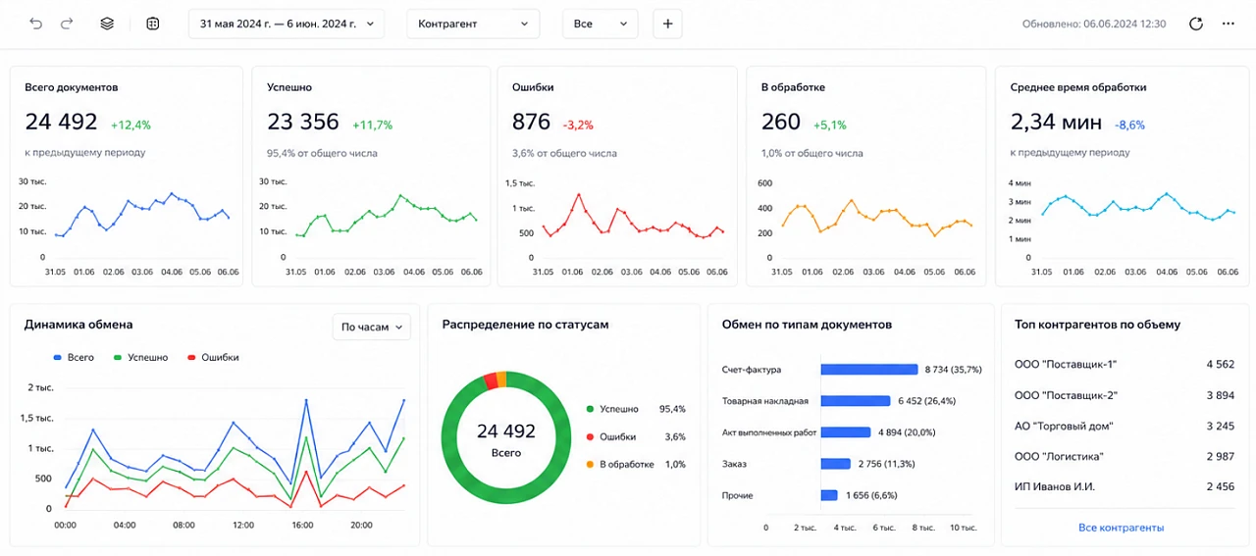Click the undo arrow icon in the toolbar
(x=36, y=24)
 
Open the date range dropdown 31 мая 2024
(x=287, y=24)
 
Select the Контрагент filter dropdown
(x=473, y=24)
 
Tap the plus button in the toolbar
(x=667, y=24)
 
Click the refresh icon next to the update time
(x=1196, y=24)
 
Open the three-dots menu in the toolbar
(x=1229, y=24)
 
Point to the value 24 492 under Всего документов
(x=61, y=122)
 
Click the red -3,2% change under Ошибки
(x=578, y=125)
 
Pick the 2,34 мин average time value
(x=1056, y=122)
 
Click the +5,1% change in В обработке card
(x=830, y=125)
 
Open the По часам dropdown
(x=371, y=327)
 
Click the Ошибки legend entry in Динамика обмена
(x=213, y=357)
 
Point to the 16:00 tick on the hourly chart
(x=302, y=526)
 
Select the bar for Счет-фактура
(x=869, y=370)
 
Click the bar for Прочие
(x=829, y=495)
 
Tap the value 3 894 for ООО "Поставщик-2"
(x=1220, y=395)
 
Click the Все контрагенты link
(x=1121, y=528)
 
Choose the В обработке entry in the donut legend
(x=620, y=464)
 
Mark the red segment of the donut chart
(x=490, y=381)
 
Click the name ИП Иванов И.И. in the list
(x=1054, y=486)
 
